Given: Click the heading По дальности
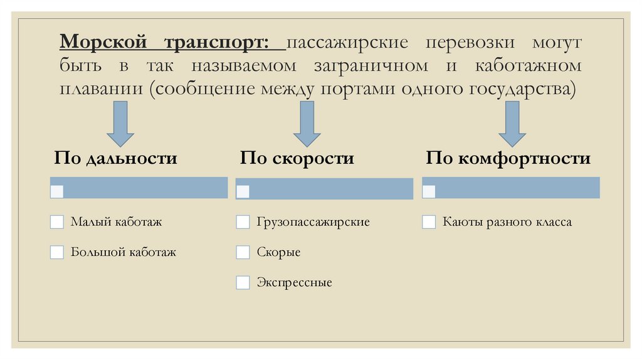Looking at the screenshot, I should pos(115,158).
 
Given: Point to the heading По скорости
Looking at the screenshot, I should pos(297,158).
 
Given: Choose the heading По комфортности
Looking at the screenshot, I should pos(508,158).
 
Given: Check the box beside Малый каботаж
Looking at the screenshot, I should pos(57,222).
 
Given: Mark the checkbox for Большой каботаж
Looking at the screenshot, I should pos(57,252).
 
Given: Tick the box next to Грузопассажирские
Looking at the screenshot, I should pos(243,222).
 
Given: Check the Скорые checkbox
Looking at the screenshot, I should pos(243,252).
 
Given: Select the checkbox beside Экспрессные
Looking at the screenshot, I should pos(243,282).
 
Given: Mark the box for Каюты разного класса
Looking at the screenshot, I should pos(429,222).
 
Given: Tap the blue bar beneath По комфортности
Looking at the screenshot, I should pos(511,188).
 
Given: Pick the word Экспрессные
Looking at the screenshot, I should pos(294,283).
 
